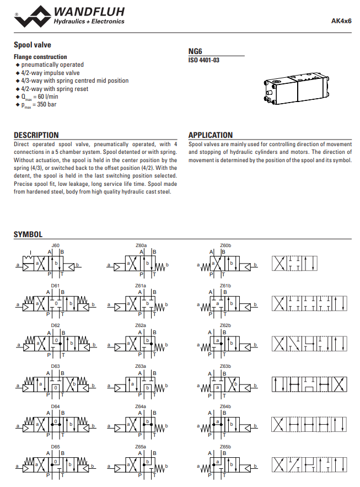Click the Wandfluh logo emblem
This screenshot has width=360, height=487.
click(x=33, y=15)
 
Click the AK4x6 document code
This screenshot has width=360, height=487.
click(x=341, y=22)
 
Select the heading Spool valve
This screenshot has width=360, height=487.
click(x=33, y=45)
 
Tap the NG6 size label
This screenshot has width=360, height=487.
click(x=196, y=51)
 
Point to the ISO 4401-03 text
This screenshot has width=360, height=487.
click(x=203, y=60)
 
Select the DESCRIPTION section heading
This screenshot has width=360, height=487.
click(x=36, y=135)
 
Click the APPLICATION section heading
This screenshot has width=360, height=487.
click(x=211, y=135)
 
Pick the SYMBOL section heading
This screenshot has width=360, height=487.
click(x=28, y=234)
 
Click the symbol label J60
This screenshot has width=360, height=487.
click(x=55, y=245)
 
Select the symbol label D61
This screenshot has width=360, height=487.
click(x=55, y=285)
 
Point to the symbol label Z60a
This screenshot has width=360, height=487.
click(x=141, y=245)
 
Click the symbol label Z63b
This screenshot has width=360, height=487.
click(x=225, y=366)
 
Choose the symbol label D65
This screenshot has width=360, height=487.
click(x=55, y=446)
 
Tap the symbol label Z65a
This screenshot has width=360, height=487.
click(x=141, y=446)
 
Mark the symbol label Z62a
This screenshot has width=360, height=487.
click(x=141, y=325)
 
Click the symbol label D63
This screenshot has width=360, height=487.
click(x=55, y=366)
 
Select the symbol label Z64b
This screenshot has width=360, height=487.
click(x=225, y=406)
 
